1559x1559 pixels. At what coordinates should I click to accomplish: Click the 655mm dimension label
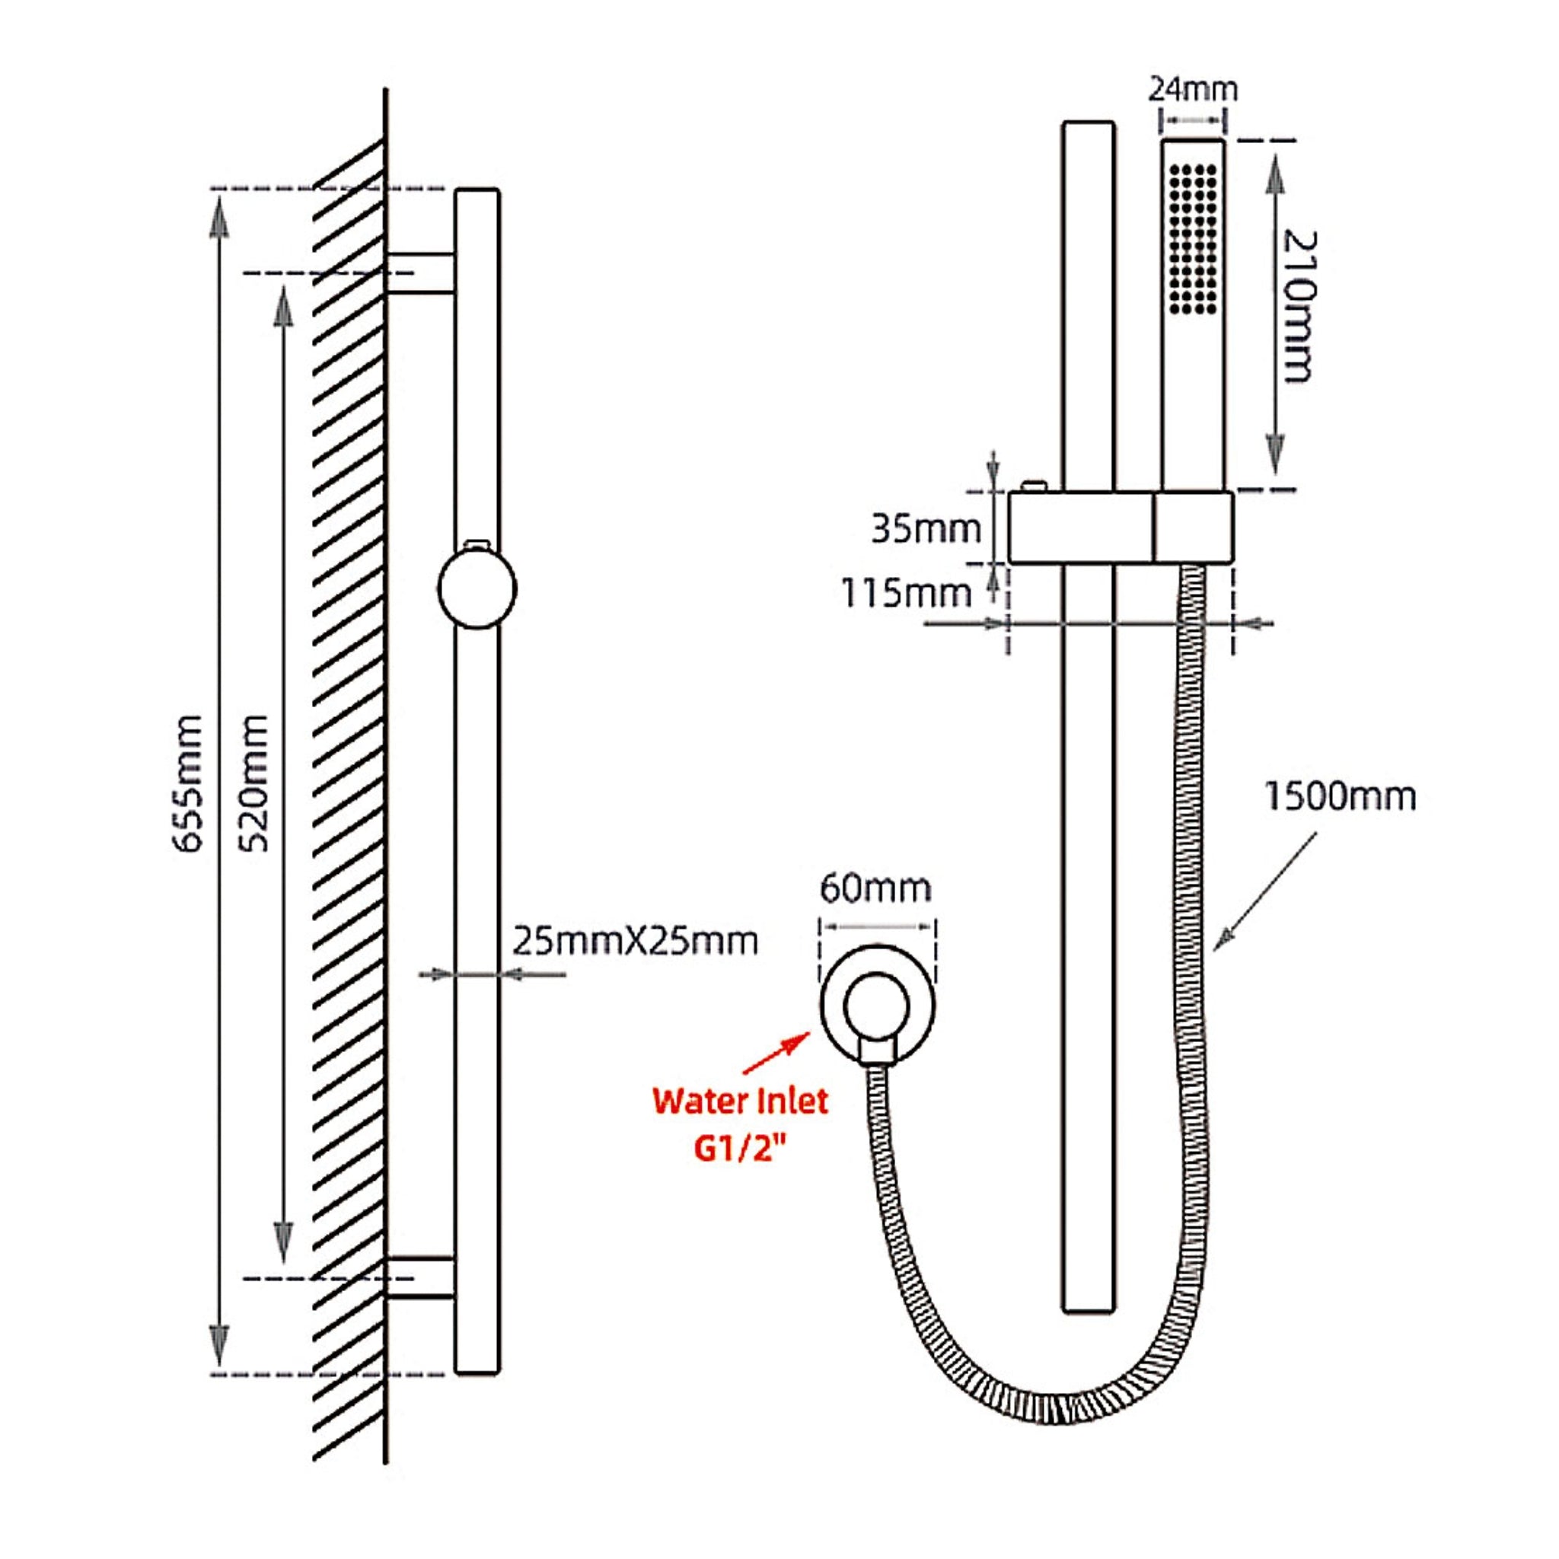(x=189, y=782)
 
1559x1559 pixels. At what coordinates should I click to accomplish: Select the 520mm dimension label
(x=256, y=782)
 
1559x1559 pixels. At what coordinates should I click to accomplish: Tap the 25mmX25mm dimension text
(x=636, y=942)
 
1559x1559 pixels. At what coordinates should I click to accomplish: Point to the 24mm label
(x=1193, y=89)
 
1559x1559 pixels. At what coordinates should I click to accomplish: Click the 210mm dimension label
(x=1300, y=307)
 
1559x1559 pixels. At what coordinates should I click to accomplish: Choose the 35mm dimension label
(x=926, y=529)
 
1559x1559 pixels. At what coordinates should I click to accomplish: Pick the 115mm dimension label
(x=906, y=593)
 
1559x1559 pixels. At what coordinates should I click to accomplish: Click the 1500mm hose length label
(x=1340, y=796)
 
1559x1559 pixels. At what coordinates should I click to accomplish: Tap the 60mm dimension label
(x=875, y=888)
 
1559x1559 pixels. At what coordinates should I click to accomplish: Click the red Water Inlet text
(x=741, y=1101)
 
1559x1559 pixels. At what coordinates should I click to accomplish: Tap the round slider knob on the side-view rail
(x=477, y=588)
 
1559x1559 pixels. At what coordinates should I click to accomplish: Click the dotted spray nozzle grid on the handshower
(x=1193, y=239)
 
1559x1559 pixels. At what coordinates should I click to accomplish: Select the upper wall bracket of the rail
(x=420, y=273)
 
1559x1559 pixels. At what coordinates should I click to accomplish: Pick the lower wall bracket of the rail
(x=420, y=1277)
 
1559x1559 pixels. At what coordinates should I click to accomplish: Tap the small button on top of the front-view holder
(x=1034, y=485)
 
